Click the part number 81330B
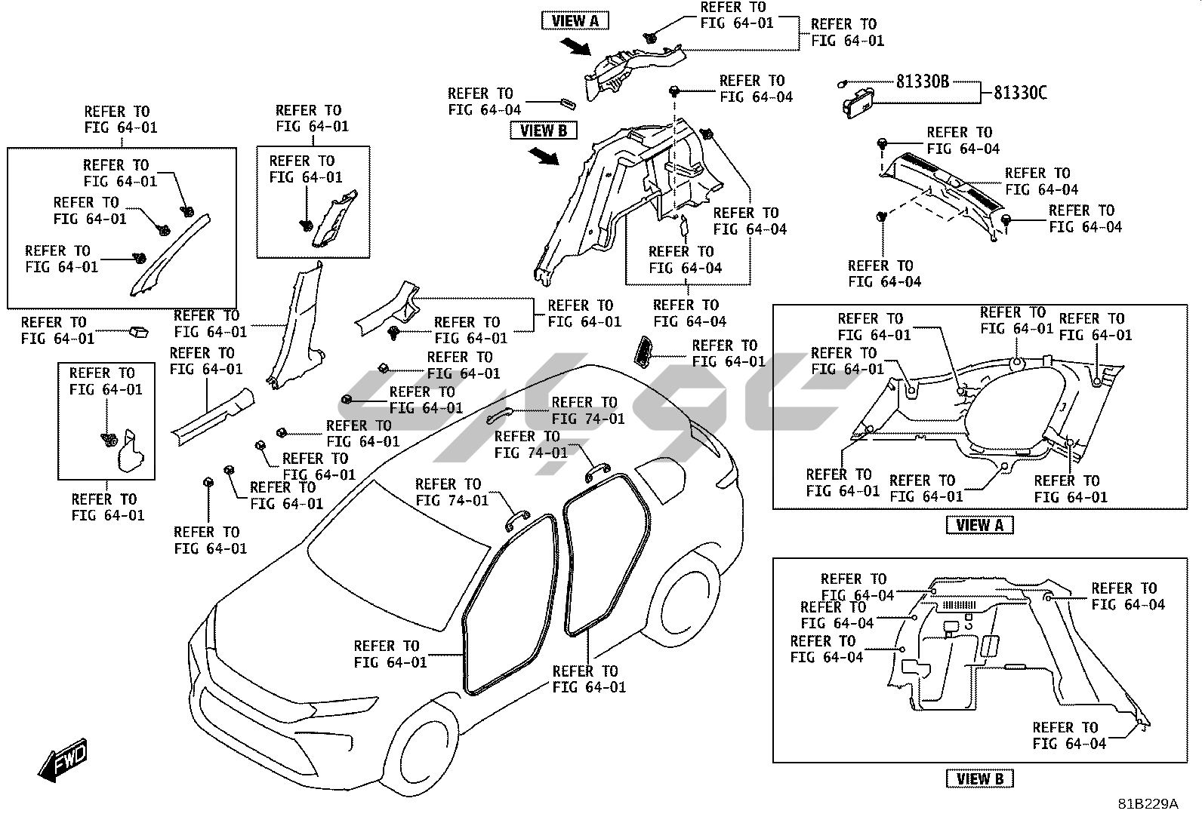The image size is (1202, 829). click(922, 81)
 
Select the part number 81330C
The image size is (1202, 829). click(1020, 94)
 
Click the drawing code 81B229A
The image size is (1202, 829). click(1148, 804)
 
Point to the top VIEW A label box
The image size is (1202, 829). click(575, 21)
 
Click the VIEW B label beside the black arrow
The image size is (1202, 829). click(543, 131)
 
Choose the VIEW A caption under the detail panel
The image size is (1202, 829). click(979, 526)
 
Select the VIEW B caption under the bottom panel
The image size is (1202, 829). click(979, 779)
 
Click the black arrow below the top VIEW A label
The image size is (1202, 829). click(578, 48)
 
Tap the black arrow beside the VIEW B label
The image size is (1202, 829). click(544, 156)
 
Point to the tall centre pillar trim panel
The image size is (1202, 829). click(298, 324)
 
